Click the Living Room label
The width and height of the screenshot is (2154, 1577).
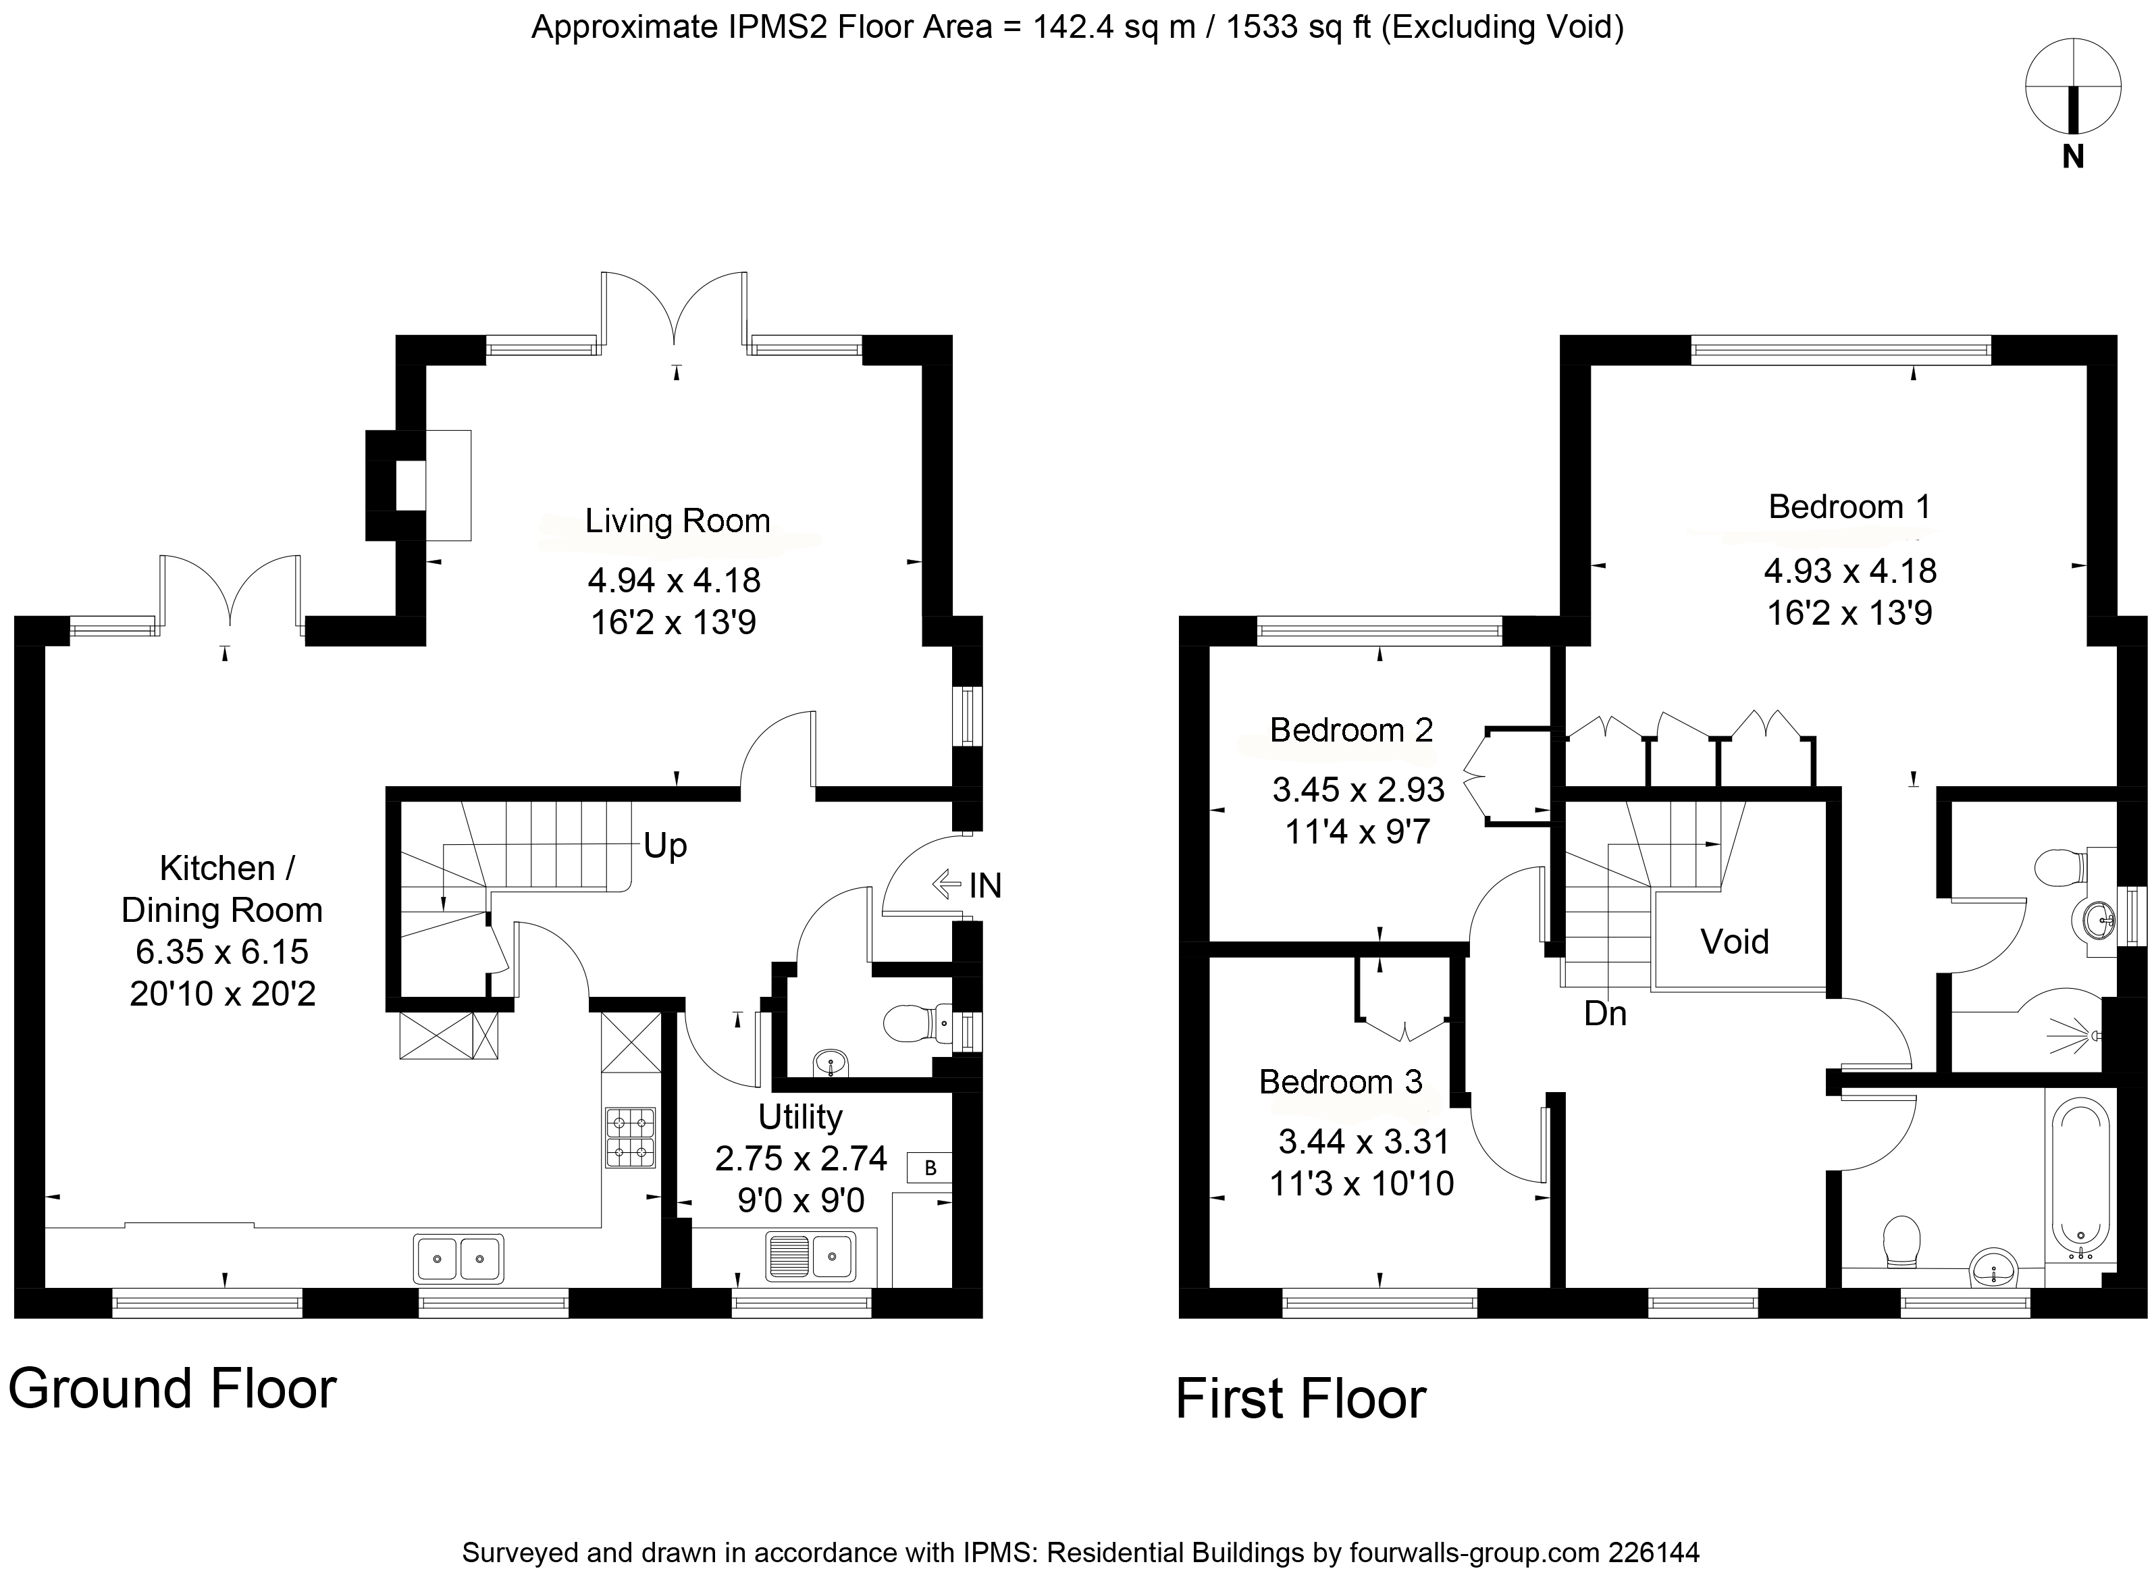point(678,521)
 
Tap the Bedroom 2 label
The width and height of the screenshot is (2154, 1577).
point(1351,730)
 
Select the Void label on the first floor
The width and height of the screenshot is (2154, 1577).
point(1734,942)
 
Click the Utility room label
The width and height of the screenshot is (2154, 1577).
point(799,1117)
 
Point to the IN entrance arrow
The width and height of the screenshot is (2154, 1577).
point(946,884)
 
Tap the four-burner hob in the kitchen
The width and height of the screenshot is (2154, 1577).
point(630,1137)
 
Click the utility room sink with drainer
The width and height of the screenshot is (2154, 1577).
point(810,1256)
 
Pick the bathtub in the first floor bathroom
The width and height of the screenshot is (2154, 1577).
point(2080,1180)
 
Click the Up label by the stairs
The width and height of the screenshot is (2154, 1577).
point(665,846)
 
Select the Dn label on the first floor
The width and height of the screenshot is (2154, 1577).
point(1605,1014)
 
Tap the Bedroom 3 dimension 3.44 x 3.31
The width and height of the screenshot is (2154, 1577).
point(1364,1141)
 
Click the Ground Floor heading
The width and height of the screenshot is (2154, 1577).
point(173,1389)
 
